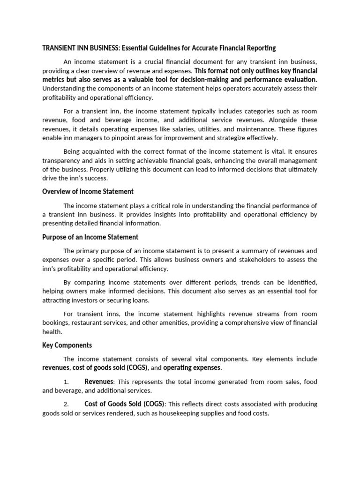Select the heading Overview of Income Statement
[x=88, y=191]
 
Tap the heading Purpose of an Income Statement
[x=90, y=237]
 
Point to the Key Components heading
[x=67, y=345]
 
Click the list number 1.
[x=66, y=382]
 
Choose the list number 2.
[x=66, y=404]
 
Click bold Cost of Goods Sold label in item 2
[x=125, y=404]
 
